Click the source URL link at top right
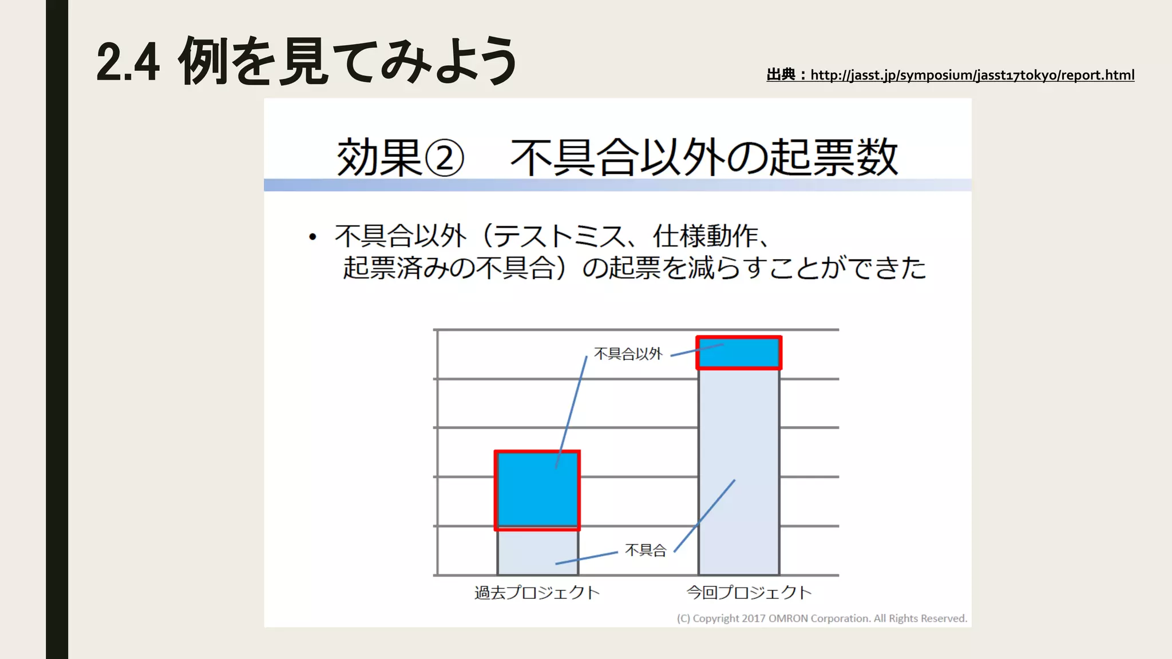click(972, 75)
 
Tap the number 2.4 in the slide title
click(128, 62)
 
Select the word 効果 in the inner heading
click(379, 158)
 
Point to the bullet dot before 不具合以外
click(312, 237)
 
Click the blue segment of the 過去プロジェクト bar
click(537, 490)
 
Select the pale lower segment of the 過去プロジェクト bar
click(537, 553)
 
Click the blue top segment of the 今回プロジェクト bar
click(739, 353)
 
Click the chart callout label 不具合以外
click(628, 354)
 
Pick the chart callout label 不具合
click(646, 550)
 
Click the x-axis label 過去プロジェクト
click(537, 593)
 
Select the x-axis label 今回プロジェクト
click(749, 593)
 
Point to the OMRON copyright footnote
click(822, 618)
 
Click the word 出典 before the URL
click(781, 75)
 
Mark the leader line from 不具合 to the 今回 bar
click(704, 516)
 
